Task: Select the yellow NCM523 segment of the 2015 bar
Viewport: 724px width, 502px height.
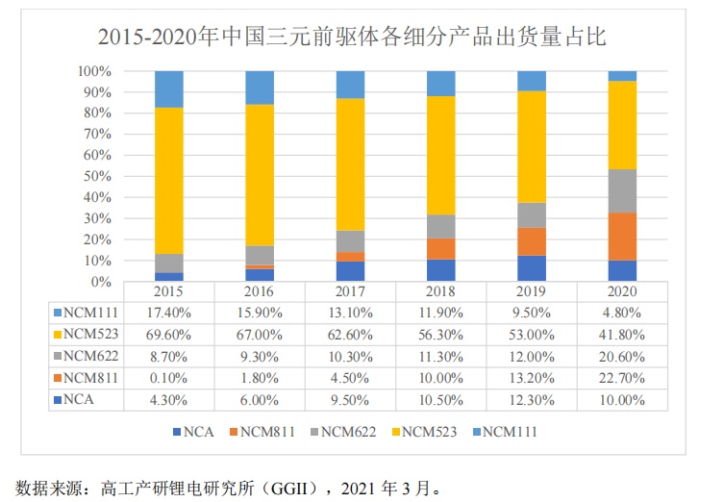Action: tap(168, 180)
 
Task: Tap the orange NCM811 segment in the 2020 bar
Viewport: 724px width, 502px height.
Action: tap(622, 237)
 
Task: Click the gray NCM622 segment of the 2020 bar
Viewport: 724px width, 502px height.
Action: tap(622, 190)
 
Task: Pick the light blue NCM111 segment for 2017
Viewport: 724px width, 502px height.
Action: tap(350, 85)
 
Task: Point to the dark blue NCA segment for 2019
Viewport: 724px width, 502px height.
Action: tap(532, 268)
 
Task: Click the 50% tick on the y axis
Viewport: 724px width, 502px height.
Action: tap(99, 177)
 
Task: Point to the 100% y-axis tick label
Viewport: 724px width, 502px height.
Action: tap(96, 71)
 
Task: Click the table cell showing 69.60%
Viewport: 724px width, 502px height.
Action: tap(168, 334)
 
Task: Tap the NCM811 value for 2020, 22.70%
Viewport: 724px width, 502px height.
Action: tap(622, 376)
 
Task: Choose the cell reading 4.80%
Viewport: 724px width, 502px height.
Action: tap(622, 313)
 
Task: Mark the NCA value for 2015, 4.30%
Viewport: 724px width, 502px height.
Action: tap(168, 397)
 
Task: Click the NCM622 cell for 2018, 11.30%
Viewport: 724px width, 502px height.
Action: tap(441, 355)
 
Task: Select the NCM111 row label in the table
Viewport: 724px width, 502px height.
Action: tap(90, 313)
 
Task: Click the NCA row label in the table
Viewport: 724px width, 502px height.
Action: tap(81, 397)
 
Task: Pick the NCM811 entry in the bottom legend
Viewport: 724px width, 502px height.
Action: tap(269, 431)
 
